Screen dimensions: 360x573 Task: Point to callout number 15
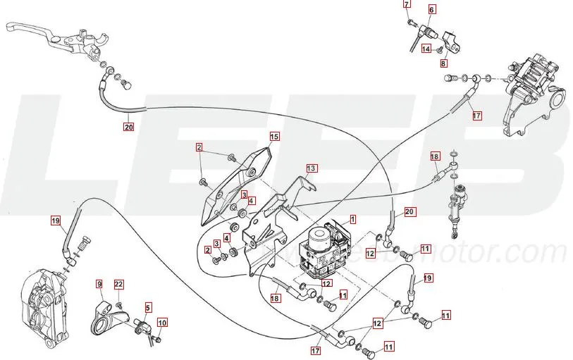tap(274, 136)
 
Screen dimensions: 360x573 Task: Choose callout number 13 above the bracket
tap(311, 168)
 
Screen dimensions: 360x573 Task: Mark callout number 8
tap(443, 63)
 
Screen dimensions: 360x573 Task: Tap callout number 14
tap(426, 49)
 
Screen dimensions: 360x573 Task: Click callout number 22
tap(118, 284)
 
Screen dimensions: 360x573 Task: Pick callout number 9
tap(99, 284)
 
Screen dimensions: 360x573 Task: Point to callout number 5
tap(148, 307)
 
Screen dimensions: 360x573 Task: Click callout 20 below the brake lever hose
tap(128, 128)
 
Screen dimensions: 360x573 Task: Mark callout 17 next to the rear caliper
tap(476, 116)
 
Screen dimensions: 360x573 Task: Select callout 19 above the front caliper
tap(56, 221)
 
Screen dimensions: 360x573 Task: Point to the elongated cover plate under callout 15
tap(233, 187)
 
